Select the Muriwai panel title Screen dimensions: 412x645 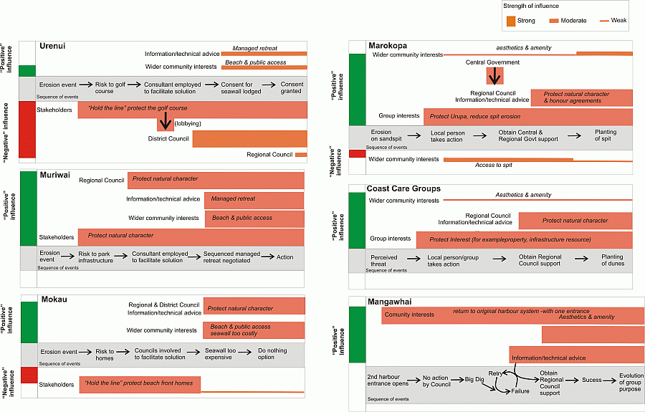click(x=55, y=174)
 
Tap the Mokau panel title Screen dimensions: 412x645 click(x=54, y=299)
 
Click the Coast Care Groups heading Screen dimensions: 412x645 click(x=403, y=188)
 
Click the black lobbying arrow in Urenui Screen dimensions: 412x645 click(x=165, y=121)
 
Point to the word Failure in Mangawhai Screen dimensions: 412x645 click(x=520, y=391)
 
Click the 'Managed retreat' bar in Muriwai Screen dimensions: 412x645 click(x=254, y=199)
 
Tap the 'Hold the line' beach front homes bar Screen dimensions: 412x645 click(x=140, y=383)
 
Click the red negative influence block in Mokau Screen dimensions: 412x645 click(x=29, y=375)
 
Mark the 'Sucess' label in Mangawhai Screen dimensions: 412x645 click(x=591, y=380)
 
